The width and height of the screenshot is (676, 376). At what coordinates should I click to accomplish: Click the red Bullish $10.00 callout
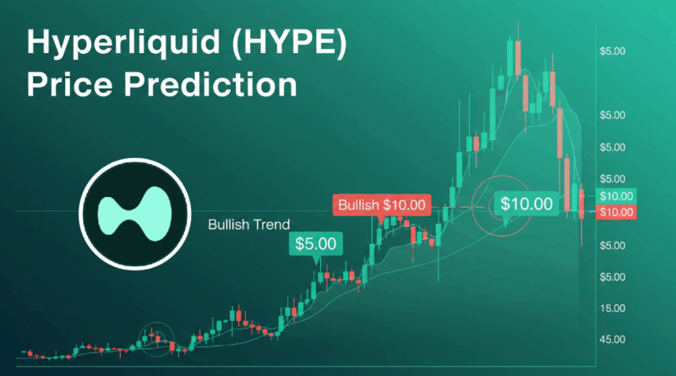pos(382,204)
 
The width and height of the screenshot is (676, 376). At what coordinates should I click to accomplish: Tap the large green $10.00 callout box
pos(526,203)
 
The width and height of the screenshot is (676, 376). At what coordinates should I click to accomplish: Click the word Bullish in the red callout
pos(358,204)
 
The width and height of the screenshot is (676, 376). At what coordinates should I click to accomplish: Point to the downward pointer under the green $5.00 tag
pos(318,260)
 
